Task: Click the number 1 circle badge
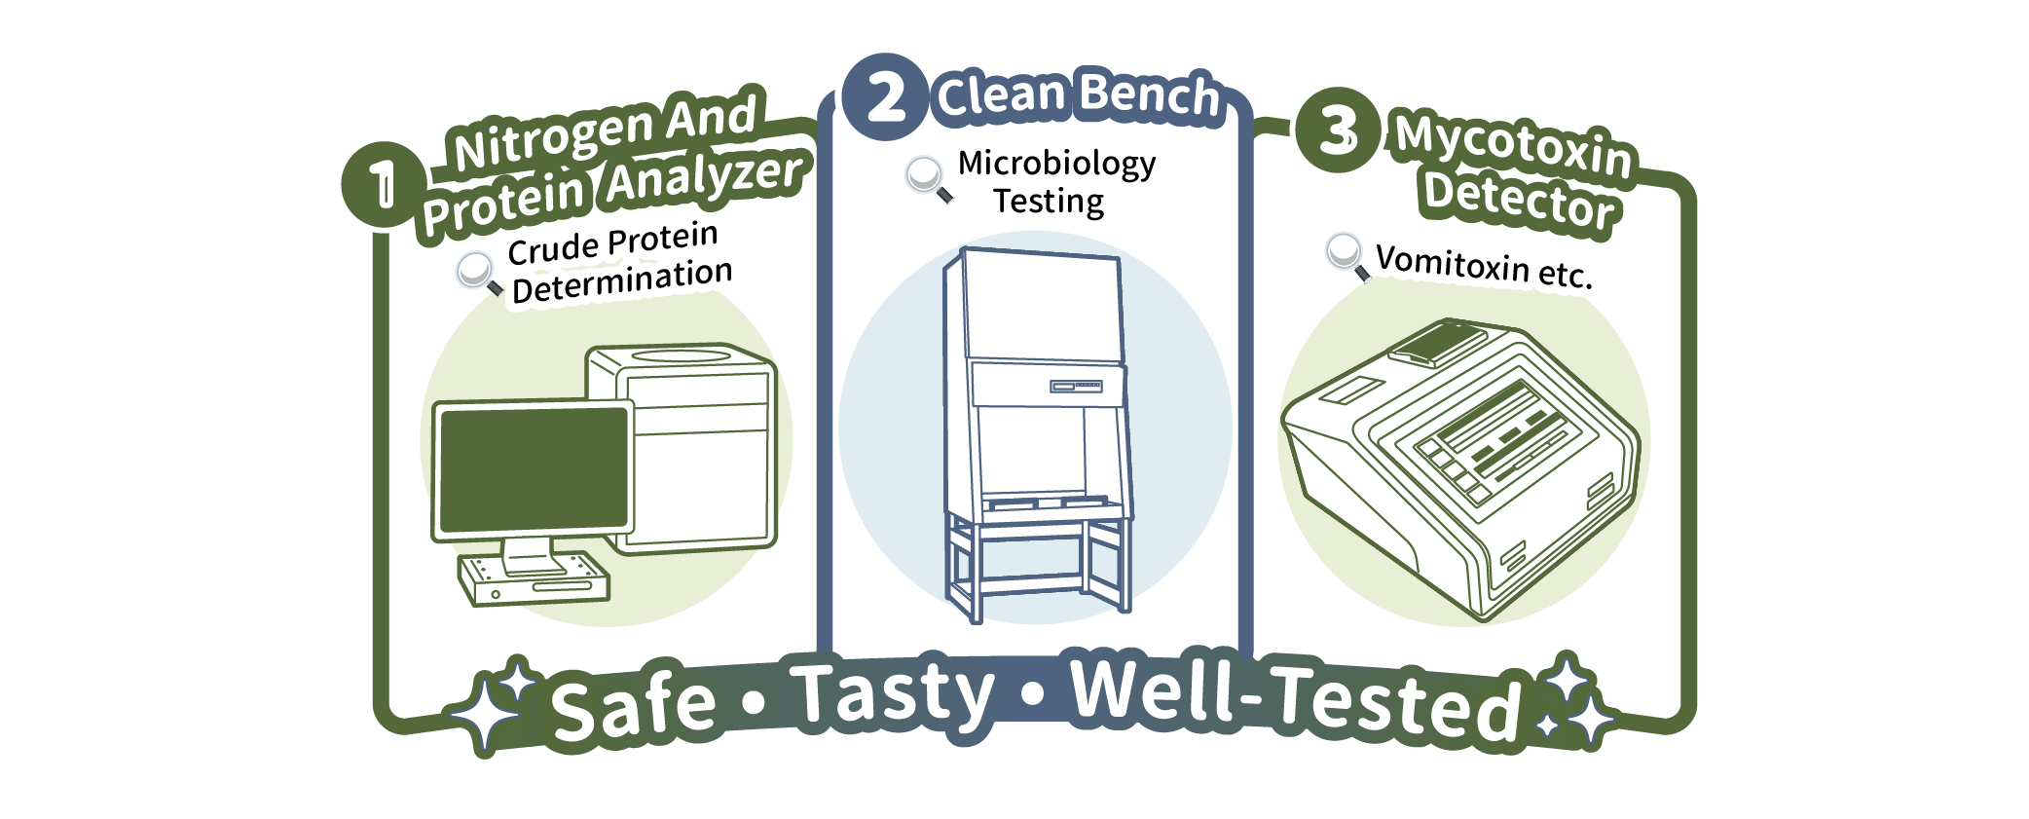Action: tap(384, 184)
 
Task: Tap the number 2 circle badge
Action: tap(884, 96)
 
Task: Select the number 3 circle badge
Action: tap(1339, 130)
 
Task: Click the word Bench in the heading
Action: tap(1150, 95)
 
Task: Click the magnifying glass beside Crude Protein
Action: tap(478, 274)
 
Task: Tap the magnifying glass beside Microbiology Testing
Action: tap(928, 179)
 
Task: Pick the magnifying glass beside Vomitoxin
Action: tap(1347, 256)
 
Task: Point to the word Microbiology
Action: tap(1056, 164)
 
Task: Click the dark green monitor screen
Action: tap(534, 469)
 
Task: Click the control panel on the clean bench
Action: tap(1075, 387)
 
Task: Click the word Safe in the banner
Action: tap(634, 706)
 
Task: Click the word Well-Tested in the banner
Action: tap(1295, 697)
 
